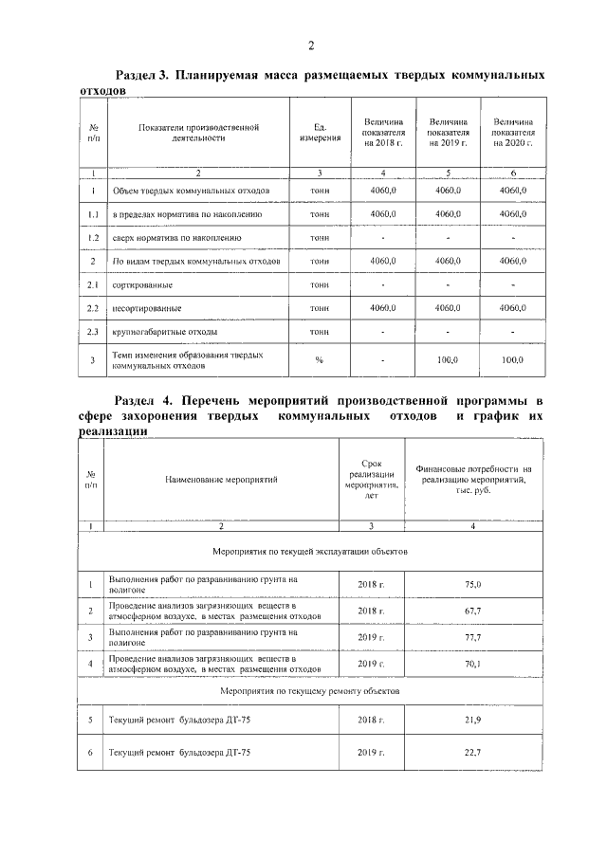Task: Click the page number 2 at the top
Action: (x=309, y=46)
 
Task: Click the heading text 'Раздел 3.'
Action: (x=141, y=75)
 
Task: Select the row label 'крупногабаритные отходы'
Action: (x=165, y=332)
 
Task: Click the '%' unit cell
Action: (x=320, y=360)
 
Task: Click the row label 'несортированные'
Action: (x=149, y=308)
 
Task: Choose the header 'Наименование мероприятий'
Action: (x=221, y=479)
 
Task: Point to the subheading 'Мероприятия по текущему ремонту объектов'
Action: (x=310, y=692)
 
